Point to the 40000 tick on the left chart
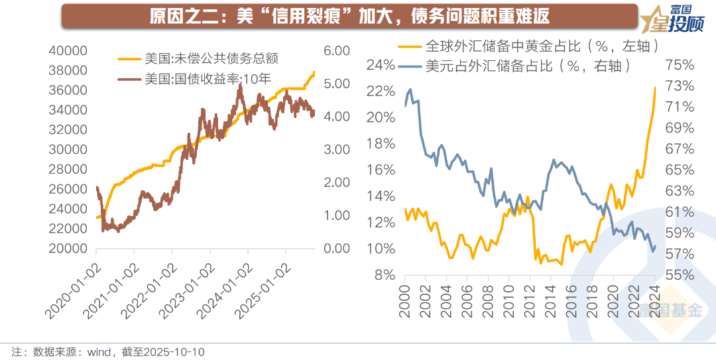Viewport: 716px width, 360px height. click(x=68, y=51)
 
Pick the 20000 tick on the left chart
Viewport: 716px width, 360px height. click(x=68, y=249)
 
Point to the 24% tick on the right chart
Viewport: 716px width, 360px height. click(x=381, y=65)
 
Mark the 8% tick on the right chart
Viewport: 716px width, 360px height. click(x=385, y=274)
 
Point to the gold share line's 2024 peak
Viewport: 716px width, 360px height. click(x=655, y=88)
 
